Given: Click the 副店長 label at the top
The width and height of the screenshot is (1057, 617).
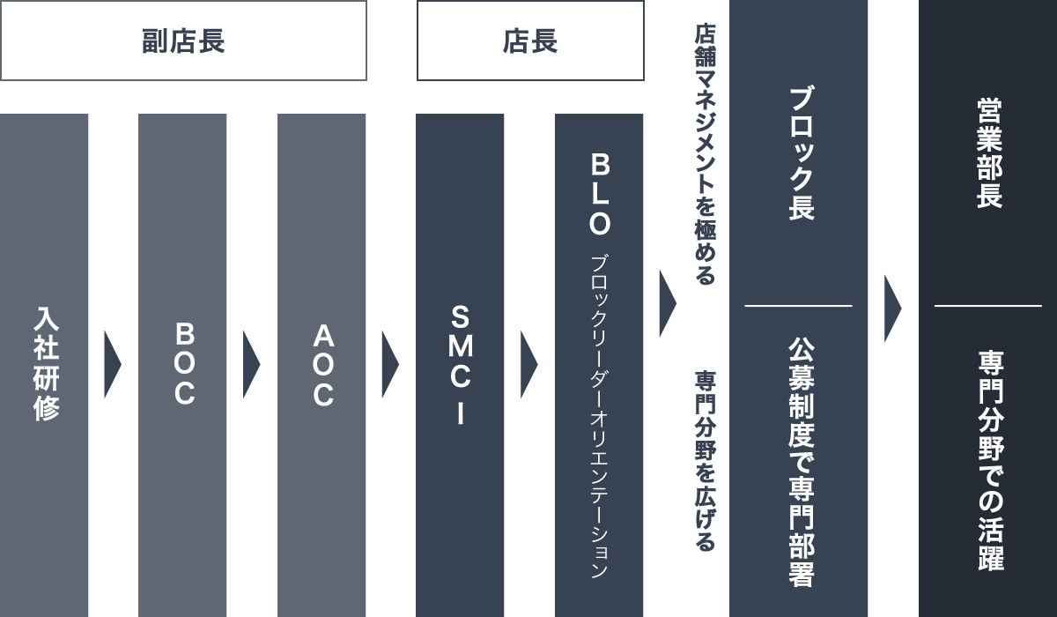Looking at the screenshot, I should (183, 41).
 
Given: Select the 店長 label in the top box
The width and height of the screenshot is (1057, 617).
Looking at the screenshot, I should (530, 41).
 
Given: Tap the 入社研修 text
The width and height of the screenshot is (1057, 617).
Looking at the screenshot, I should (45, 363).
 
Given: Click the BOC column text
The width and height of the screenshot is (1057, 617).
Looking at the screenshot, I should (183, 363).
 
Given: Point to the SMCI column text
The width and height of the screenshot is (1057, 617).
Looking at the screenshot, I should (461, 364).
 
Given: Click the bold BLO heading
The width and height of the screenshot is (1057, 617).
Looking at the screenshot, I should (600, 194).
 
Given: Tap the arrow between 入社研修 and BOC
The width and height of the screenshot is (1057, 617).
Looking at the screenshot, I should (112, 364).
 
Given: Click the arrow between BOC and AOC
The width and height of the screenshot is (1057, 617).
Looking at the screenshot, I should (251, 364).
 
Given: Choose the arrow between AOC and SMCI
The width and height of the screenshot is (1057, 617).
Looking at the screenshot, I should (389, 364).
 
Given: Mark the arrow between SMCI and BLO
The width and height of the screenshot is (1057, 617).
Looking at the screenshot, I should (528, 364).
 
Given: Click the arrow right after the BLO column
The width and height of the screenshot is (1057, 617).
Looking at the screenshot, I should (667, 303).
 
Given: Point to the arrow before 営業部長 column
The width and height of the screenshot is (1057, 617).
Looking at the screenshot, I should (892, 308).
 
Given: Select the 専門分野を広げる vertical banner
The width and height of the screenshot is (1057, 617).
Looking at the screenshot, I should (706, 461).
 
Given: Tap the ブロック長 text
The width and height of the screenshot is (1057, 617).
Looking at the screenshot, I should (800, 153).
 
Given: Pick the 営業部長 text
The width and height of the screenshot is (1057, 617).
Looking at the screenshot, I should (988, 153).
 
